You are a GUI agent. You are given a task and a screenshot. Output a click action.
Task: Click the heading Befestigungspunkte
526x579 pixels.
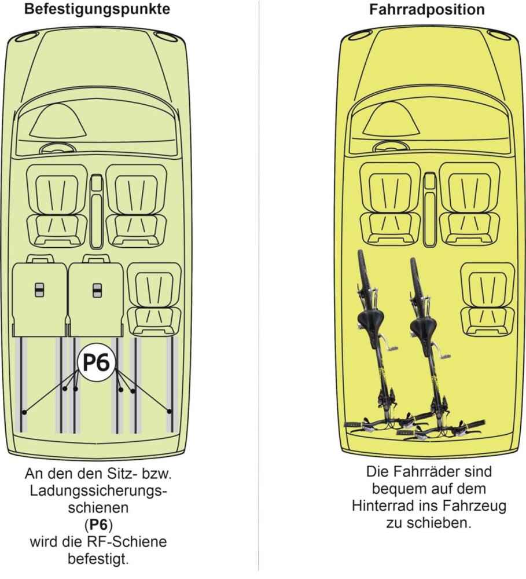(97, 10)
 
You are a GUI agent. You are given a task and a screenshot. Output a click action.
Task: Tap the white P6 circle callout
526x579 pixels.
(97, 363)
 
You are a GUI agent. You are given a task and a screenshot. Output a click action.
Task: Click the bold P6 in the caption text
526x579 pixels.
(97, 527)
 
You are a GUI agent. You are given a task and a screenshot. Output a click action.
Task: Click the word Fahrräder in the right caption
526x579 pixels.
(431, 472)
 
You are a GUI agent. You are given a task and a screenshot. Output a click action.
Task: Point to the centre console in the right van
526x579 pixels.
(429, 208)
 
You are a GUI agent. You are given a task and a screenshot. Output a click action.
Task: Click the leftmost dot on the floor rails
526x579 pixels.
(24, 412)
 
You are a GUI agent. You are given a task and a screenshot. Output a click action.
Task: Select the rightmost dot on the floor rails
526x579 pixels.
(170, 412)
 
